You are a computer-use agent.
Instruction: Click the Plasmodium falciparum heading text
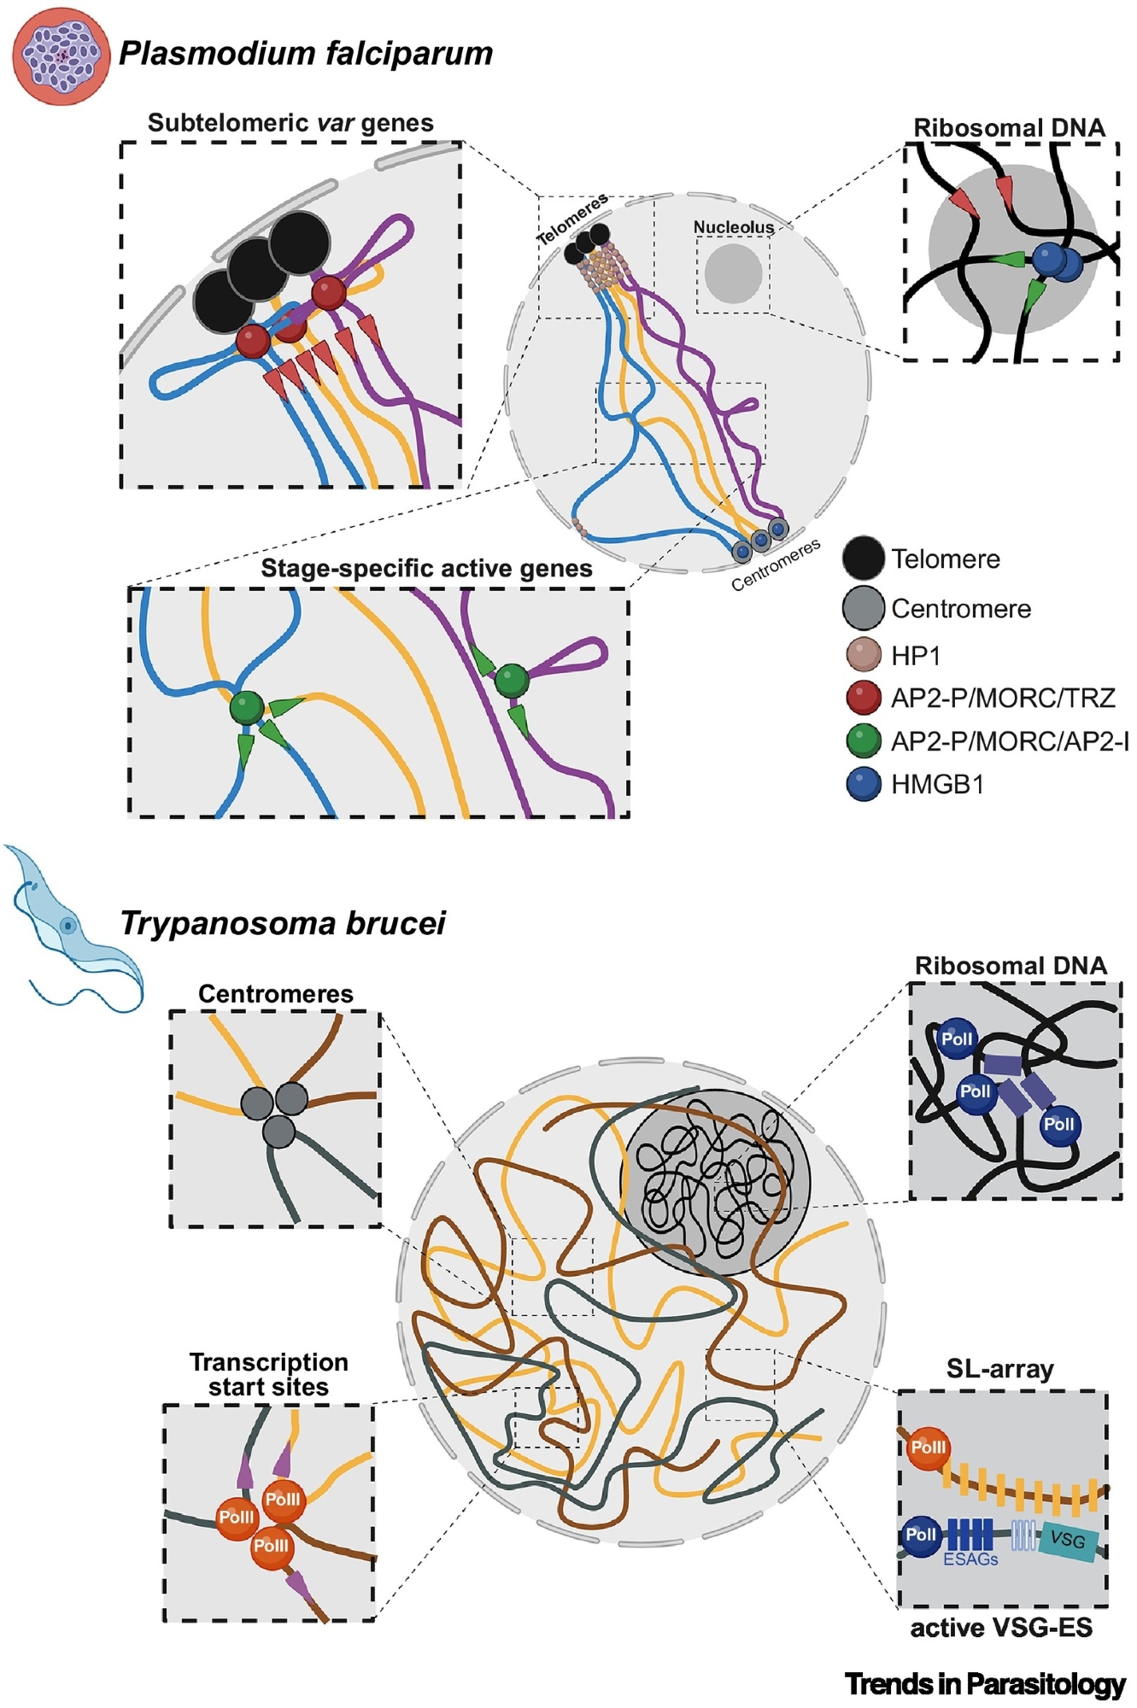(x=306, y=53)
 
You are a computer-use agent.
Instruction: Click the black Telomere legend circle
(x=863, y=558)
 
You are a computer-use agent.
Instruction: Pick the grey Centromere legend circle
(x=863, y=608)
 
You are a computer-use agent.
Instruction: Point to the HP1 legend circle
(x=863, y=655)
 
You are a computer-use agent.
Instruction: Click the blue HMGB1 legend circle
(x=863, y=783)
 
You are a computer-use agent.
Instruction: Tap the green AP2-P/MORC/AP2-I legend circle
(x=863, y=740)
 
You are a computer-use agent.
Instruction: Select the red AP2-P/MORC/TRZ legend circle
(x=863, y=698)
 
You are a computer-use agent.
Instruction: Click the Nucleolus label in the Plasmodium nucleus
(x=733, y=227)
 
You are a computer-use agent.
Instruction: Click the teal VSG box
(x=1068, y=1540)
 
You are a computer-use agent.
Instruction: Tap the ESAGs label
(x=970, y=1559)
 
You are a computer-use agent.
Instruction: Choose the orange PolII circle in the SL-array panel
(x=928, y=1448)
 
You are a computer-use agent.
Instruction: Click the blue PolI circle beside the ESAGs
(x=921, y=1535)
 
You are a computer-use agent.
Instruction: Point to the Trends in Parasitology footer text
(x=985, y=1684)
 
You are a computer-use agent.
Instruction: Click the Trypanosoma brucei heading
(x=283, y=923)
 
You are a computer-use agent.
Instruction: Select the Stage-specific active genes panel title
(x=426, y=569)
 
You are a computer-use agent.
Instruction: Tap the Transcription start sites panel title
(x=268, y=1374)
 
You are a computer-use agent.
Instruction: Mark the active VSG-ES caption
(x=1001, y=1628)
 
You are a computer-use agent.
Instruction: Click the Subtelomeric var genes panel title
(x=290, y=123)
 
